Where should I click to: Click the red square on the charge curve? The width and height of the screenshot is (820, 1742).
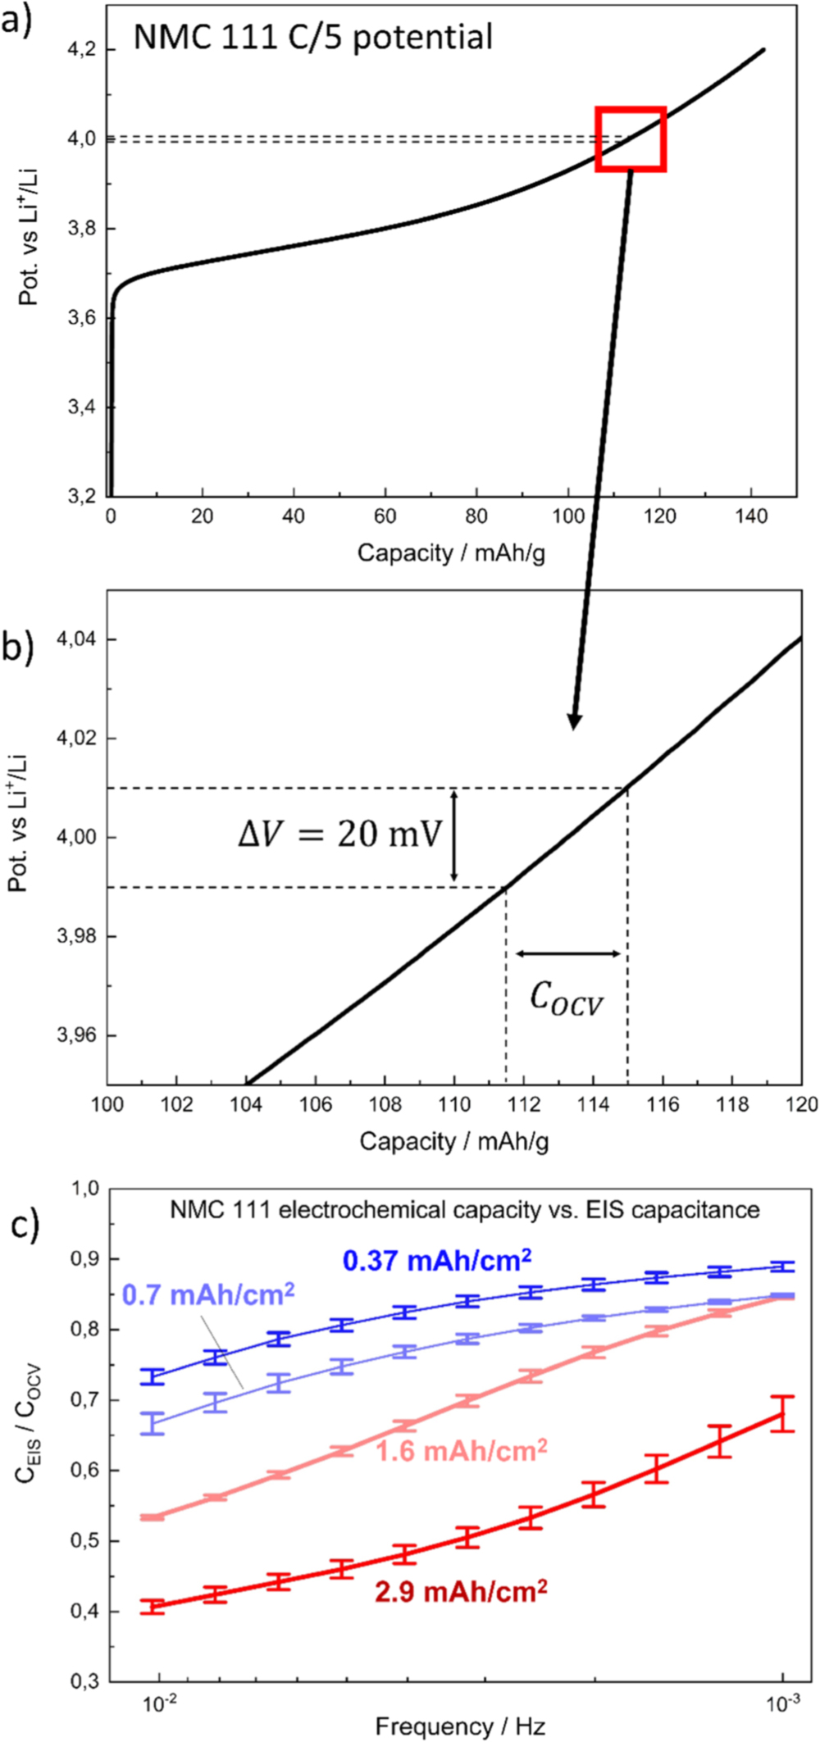[x=630, y=139]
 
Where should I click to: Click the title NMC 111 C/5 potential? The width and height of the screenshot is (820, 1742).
[x=313, y=37]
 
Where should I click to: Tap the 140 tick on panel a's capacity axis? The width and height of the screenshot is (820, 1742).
[x=751, y=516]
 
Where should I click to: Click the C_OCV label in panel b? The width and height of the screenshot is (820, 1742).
[x=566, y=999]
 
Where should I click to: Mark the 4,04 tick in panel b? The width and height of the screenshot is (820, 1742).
[x=75, y=639]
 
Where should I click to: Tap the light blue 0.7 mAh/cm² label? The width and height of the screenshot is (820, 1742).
[x=208, y=1294]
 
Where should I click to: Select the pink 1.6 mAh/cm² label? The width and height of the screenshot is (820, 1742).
[x=462, y=1451]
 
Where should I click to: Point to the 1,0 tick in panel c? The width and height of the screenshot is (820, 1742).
[x=86, y=1188]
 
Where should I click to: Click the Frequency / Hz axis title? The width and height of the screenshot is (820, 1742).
[x=460, y=1726]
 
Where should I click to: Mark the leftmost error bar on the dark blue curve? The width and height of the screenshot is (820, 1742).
[x=153, y=1376]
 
